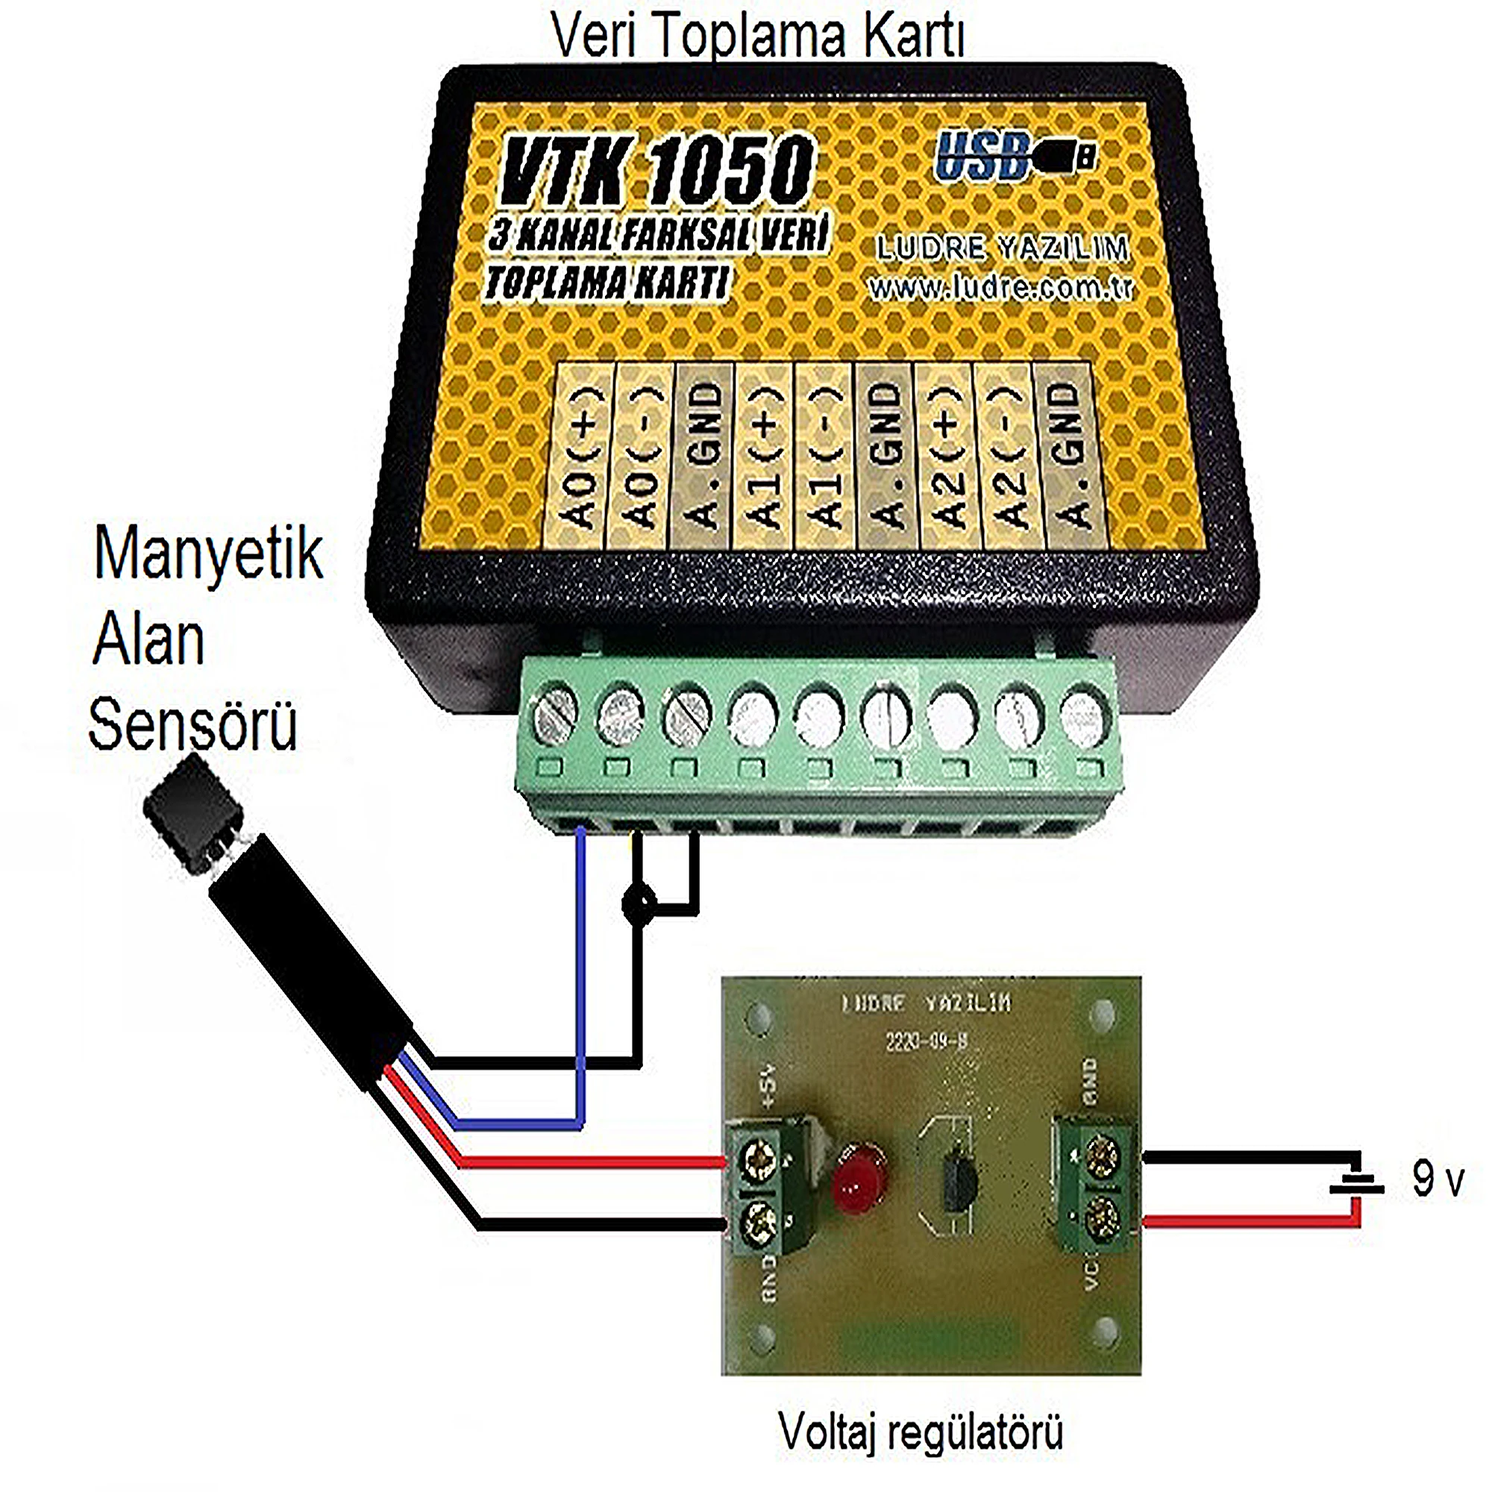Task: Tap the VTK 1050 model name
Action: click(x=656, y=172)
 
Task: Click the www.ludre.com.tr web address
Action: click(x=1001, y=288)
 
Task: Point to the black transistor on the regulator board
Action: click(x=956, y=1181)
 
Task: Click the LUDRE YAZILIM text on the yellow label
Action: click(x=1003, y=248)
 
